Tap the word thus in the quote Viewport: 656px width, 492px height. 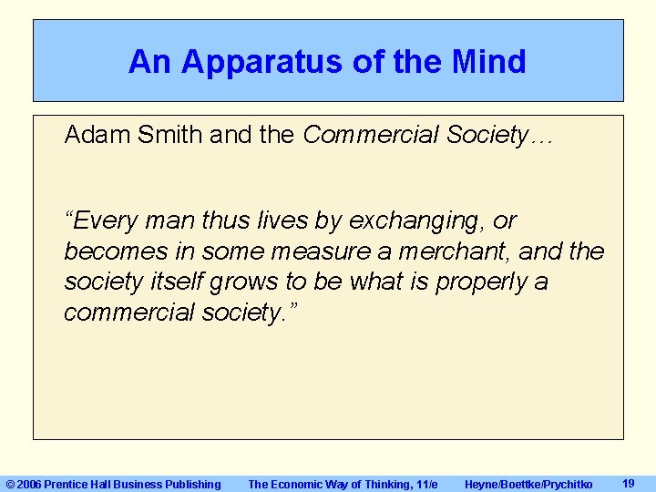[x=177, y=220]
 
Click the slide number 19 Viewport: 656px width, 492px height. [x=628, y=484]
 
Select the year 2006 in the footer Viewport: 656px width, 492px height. [x=29, y=485]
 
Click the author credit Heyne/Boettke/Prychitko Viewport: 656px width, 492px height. [x=528, y=485]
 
